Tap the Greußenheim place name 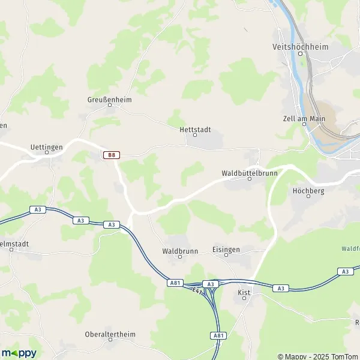[109, 100]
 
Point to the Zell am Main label [304, 118]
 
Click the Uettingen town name [47, 146]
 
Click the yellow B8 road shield [110, 155]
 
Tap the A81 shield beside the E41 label [175, 283]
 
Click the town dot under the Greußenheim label [109, 106]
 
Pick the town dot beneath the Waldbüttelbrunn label [250, 178]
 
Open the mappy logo [19, 353]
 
